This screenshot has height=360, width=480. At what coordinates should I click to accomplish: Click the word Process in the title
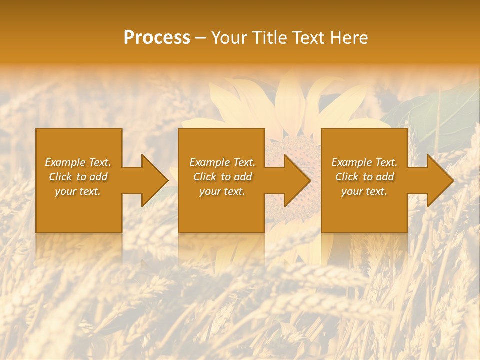pyautogui.click(x=157, y=38)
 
